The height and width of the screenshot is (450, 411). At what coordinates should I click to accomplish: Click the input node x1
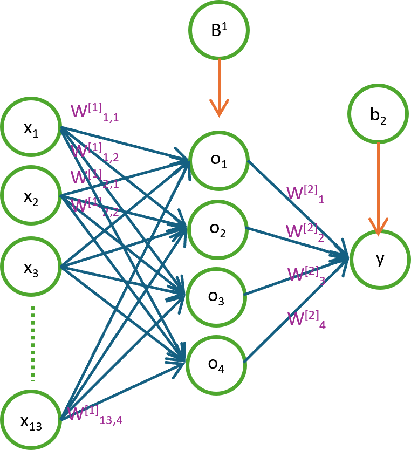point(30,128)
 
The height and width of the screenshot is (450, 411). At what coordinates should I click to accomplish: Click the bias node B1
point(218,31)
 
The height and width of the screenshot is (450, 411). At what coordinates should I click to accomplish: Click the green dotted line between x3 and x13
point(32,343)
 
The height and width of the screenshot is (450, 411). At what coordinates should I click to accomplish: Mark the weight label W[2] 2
point(305,233)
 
